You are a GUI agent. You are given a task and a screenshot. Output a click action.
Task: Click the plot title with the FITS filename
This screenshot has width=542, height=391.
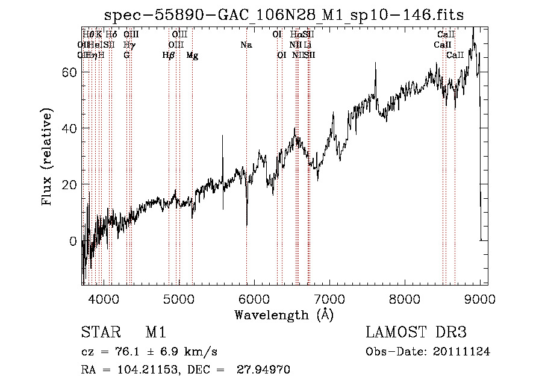[284, 14]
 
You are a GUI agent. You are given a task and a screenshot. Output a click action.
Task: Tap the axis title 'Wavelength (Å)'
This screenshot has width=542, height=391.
[284, 314]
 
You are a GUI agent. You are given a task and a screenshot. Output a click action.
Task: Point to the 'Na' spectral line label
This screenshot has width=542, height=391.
[246, 45]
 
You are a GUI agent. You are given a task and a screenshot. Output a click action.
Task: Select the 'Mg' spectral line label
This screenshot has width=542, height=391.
[192, 55]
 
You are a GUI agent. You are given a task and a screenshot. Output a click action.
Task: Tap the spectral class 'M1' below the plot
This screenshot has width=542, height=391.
[155, 333]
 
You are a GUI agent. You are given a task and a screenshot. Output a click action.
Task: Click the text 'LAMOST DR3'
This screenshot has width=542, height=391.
[416, 333]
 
